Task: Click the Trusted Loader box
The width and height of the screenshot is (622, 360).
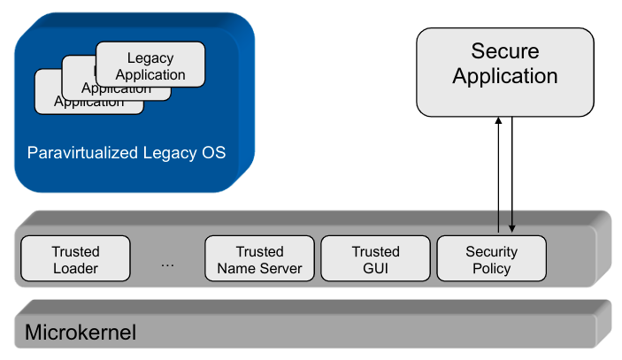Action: click(75, 259)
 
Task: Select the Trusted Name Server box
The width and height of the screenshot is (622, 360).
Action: click(259, 259)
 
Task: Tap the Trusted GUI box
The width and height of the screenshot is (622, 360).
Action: click(375, 259)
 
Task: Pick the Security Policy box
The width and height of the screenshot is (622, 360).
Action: click(491, 259)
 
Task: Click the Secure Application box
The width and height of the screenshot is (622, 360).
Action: click(504, 72)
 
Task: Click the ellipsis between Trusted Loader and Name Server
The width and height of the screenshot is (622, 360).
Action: click(167, 262)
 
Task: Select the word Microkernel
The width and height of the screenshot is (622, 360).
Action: click(80, 333)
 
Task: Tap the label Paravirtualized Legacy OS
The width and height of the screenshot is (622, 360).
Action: click(127, 153)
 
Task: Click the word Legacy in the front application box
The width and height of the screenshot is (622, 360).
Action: click(150, 58)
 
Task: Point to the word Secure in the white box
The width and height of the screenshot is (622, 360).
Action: click(504, 51)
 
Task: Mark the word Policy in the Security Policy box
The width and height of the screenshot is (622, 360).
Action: click(491, 268)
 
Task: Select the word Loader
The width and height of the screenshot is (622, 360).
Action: click(75, 268)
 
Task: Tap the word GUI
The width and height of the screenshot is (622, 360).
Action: click(376, 268)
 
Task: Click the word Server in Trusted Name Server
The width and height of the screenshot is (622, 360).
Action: click(282, 268)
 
